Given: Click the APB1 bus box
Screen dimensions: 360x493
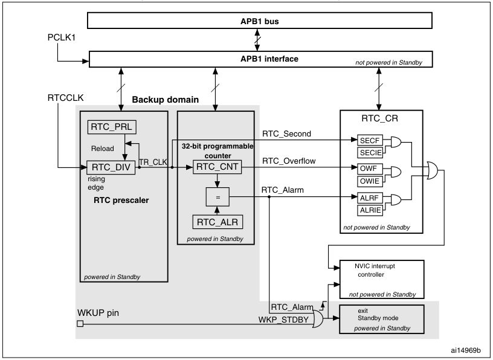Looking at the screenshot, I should click(260, 21).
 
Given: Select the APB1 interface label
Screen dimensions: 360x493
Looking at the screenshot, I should click(260, 59).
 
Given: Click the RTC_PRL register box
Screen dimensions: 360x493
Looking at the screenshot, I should click(112, 127).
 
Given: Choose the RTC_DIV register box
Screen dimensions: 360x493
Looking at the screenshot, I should click(112, 167).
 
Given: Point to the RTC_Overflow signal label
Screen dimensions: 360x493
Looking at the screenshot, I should click(288, 161).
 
